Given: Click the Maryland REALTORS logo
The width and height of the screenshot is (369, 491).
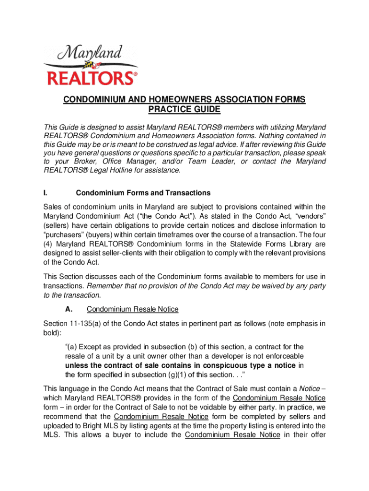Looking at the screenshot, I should click(x=91, y=65).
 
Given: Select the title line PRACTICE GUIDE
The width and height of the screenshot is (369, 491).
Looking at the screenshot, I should click(x=184, y=110).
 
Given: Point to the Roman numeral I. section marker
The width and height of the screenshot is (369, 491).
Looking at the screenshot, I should click(x=45, y=193).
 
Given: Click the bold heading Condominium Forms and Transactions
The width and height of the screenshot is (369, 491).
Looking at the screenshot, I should click(x=143, y=193).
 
